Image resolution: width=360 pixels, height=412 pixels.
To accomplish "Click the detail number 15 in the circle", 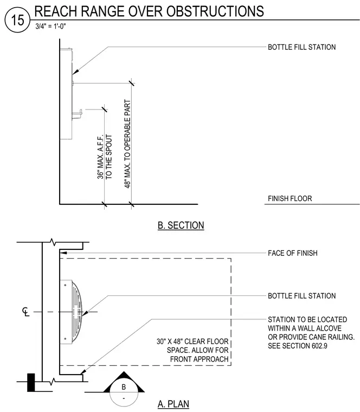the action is [x=17, y=20].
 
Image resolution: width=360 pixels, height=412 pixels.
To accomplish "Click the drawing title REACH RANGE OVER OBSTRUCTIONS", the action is [x=149, y=11].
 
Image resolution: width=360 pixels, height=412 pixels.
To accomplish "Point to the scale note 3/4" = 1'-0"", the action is [x=51, y=26].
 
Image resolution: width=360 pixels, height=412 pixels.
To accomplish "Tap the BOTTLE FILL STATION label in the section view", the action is [x=301, y=47].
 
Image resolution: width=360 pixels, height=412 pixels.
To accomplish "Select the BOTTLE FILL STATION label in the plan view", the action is [x=301, y=296].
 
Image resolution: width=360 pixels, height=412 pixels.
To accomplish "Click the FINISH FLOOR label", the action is [x=290, y=198].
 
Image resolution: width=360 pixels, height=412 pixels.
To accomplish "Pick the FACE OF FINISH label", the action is [x=293, y=253].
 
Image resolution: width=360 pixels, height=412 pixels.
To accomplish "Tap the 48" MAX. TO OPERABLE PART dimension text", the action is [x=127, y=144].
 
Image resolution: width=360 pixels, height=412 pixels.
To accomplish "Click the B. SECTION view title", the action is [x=181, y=226].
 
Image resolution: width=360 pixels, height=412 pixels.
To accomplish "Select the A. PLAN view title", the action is [x=173, y=404].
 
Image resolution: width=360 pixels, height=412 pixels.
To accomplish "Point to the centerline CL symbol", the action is [x=25, y=312].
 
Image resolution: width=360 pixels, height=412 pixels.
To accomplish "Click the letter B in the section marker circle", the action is [x=124, y=387].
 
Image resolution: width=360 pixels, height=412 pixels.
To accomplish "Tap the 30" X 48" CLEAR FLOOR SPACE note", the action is [x=192, y=350].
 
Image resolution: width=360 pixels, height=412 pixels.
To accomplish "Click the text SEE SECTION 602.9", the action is [x=298, y=346].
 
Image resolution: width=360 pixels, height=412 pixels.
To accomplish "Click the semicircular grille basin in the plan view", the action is [x=77, y=312].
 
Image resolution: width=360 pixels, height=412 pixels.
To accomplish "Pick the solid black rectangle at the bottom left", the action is [x=31, y=382].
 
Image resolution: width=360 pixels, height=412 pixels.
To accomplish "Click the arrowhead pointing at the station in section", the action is [x=75, y=72].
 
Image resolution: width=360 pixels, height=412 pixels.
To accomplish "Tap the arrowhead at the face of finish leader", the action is [x=63, y=253].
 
